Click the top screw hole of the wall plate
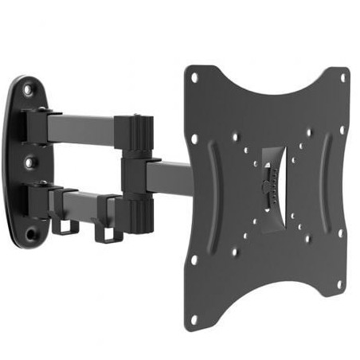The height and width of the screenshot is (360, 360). click(x=30, y=93)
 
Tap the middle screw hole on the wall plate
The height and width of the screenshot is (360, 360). click(x=30, y=161)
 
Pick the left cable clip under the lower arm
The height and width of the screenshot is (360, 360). click(x=66, y=227)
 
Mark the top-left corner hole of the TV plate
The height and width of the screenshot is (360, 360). click(x=193, y=77)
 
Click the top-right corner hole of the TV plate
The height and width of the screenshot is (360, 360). click(x=342, y=78)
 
